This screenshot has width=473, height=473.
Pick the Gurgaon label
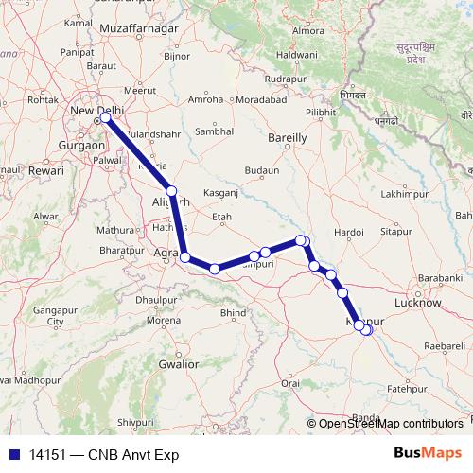pos(80,148)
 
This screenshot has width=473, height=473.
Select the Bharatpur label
pos(119,249)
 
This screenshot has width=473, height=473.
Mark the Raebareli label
pos(445,347)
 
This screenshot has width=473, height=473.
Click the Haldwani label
pos(296,56)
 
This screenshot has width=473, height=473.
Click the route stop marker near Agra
pos(186,257)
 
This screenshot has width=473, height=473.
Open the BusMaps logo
pos(429,453)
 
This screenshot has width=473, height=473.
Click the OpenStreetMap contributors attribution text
pos(390,423)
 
